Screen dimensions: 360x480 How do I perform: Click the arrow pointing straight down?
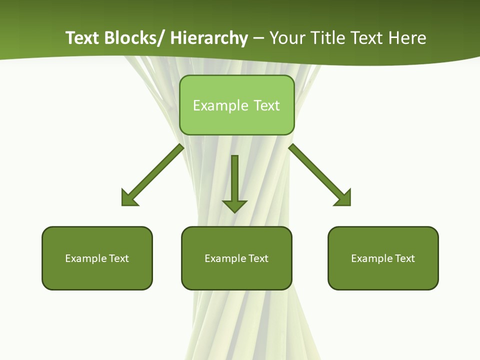click(234, 180)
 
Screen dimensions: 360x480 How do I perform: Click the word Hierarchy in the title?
click(209, 38)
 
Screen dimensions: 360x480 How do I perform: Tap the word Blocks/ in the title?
click(133, 38)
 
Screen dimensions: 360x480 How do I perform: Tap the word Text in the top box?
click(266, 105)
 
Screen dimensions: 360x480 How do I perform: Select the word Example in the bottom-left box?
click(86, 258)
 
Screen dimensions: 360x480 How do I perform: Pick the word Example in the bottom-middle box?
click(225, 258)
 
